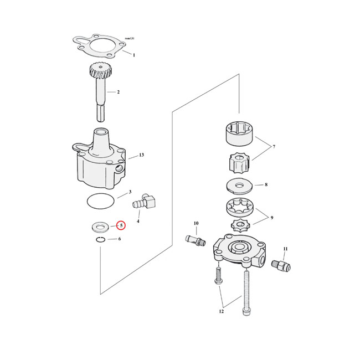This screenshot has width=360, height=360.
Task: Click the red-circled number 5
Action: tap(121, 225)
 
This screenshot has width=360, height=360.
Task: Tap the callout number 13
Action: tap(141, 155)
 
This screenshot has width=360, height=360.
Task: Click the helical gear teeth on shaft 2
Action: tap(100, 71)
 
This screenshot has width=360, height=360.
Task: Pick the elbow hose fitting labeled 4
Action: tap(144, 202)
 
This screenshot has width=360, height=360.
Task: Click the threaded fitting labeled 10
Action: tap(196, 240)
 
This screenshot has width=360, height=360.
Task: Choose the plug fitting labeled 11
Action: tap(281, 265)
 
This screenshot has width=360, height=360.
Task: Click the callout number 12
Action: tap(221, 311)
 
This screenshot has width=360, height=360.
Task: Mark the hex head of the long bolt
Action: tap(246, 311)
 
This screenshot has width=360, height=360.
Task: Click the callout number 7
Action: tap(274, 146)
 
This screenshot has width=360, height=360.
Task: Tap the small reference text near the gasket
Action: tap(130, 38)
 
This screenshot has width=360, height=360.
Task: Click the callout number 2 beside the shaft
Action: tap(118, 92)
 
